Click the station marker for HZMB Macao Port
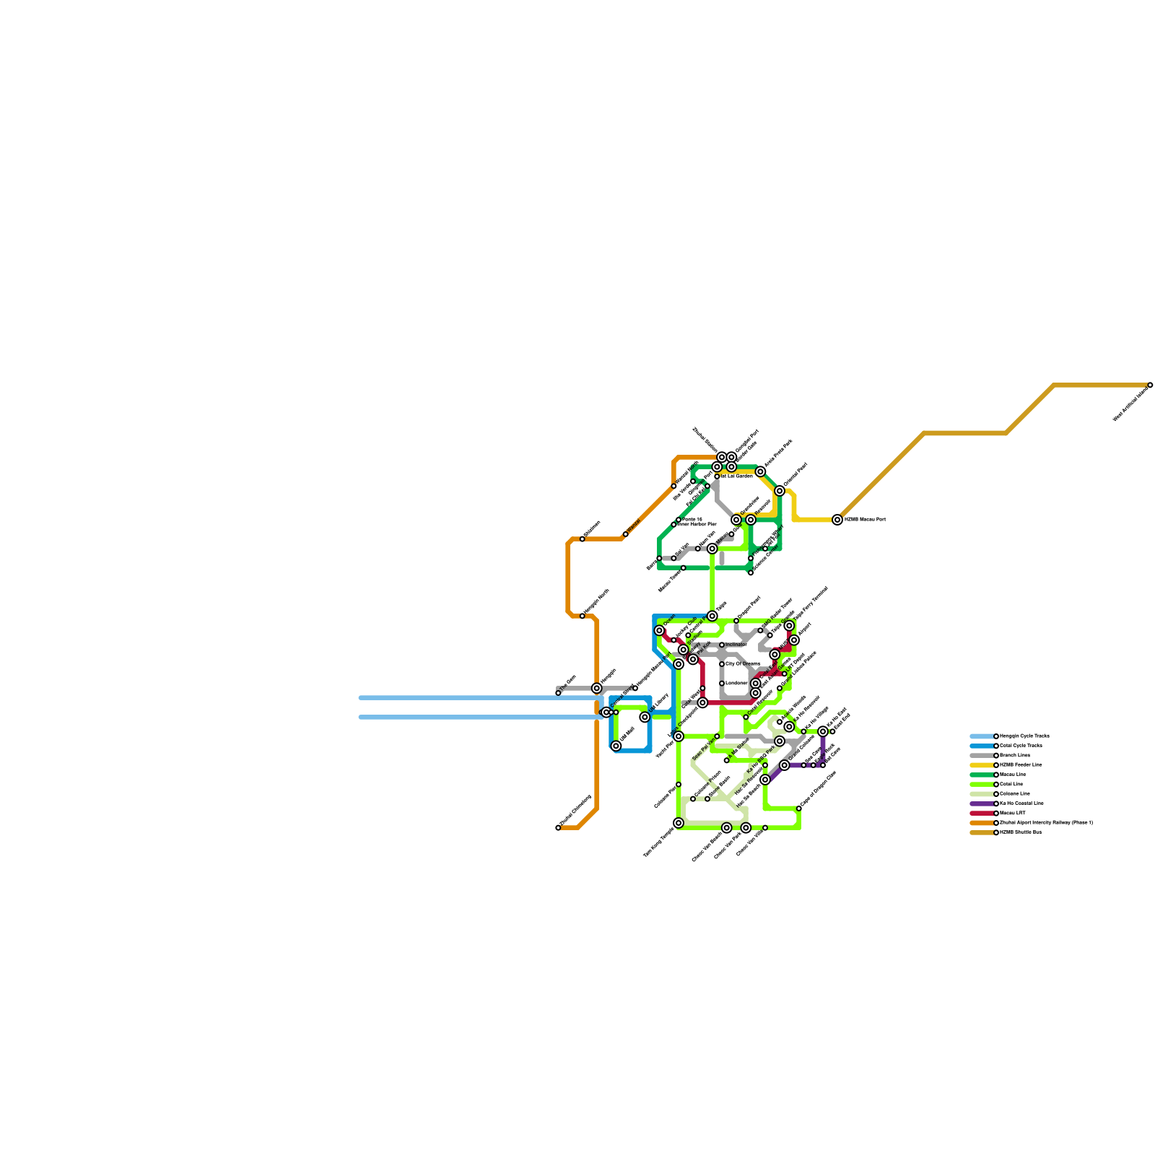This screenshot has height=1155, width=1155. pos(837,520)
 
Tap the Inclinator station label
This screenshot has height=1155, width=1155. pos(736,645)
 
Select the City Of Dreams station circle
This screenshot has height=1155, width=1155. pos(722,664)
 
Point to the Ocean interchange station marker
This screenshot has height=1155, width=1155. pos(659,631)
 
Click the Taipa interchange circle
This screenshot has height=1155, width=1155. pos(712,616)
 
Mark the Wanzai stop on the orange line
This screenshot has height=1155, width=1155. pos(625,534)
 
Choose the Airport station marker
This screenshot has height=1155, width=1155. pos(794,640)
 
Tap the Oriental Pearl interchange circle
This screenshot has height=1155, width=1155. pos(780,491)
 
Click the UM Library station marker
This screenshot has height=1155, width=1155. pos(645,717)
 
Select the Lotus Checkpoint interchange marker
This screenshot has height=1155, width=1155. pos(679,736)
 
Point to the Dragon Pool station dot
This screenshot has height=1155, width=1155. pos(736,621)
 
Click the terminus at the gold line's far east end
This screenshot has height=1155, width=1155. pos(1150,385)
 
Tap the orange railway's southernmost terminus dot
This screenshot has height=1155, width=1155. pos(558,828)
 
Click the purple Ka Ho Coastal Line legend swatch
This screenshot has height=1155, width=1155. pos(982,803)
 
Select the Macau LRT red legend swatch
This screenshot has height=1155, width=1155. pos(982,813)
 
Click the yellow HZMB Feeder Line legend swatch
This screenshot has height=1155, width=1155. pos(982,765)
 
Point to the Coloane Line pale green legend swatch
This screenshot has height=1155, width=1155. pos(982,794)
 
